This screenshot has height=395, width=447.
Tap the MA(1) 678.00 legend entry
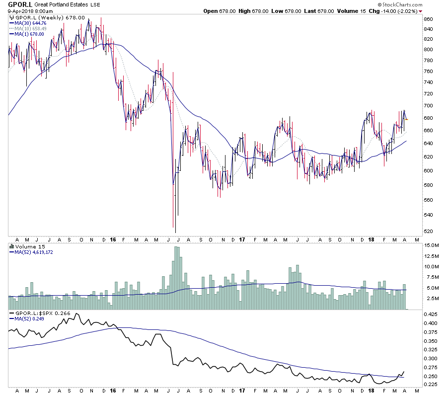coord(29,34)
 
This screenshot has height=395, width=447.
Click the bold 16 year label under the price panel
coord(113,239)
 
